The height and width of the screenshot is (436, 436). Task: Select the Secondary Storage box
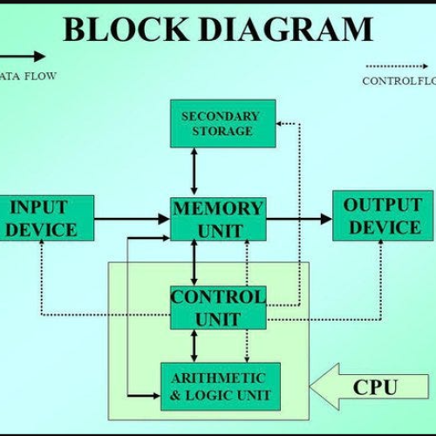click(221, 124)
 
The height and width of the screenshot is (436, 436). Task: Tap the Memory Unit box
click(217, 219)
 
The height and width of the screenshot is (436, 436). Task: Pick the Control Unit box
click(217, 308)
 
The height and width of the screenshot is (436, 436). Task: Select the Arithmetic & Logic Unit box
click(221, 386)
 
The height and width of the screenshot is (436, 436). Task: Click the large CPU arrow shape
click(369, 387)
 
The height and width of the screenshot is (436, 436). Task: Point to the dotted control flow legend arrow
click(397, 65)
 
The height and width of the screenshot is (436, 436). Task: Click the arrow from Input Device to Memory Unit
click(131, 219)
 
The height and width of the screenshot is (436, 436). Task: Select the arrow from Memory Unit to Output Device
click(299, 219)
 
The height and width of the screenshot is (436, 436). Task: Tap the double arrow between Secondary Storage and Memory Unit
click(194, 171)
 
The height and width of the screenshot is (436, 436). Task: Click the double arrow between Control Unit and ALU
click(194, 346)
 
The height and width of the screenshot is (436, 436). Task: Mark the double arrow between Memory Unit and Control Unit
click(194, 263)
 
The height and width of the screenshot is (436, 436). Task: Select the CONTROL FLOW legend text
click(399, 82)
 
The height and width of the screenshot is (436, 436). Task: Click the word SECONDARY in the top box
click(221, 116)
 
